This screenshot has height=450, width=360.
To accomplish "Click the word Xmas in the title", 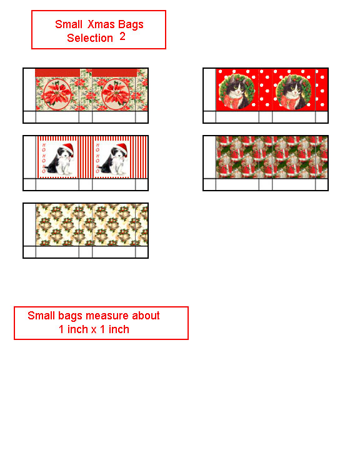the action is (x=101, y=24).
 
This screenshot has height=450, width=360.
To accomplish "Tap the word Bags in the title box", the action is (x=131, y=25).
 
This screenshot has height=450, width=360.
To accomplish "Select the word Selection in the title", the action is (x=90, y=38).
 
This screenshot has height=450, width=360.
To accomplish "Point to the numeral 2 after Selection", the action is (x=122, y=36).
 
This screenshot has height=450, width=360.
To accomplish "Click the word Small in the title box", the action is (x=69, y=24).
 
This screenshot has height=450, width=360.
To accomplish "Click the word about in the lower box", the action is (x=146, y=316).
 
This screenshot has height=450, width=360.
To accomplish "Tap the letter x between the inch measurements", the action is (x=94, y=330).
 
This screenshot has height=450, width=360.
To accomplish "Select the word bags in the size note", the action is (x=70, y=316).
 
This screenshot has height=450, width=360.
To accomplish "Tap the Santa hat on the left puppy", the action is (x=67, y=149).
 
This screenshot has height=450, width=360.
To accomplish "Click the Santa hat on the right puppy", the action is (x=122, y=149).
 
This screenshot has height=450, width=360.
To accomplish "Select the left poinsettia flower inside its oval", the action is (x=57, y=94).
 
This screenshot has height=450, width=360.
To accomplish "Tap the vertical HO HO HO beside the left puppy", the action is (x=44, y=158).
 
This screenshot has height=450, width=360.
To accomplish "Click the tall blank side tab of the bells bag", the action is (x=29, y=224).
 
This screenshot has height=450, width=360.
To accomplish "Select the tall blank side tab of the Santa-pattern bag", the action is (x=209, y=157).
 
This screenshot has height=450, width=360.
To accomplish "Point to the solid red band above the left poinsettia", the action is (x=57, y=72).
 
